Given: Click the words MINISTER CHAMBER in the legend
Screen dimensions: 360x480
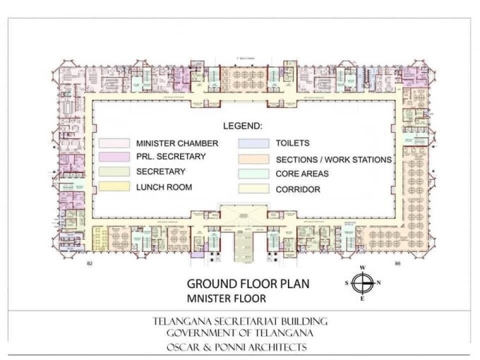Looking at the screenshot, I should coord(176,143).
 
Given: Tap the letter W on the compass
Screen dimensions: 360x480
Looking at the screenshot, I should coord(361,268).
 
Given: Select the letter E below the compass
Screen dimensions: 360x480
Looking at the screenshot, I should coord(361,299).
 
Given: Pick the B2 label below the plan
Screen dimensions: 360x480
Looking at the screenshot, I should coord(90,263).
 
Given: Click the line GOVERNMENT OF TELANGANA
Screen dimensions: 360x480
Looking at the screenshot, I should coord(240,333).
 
